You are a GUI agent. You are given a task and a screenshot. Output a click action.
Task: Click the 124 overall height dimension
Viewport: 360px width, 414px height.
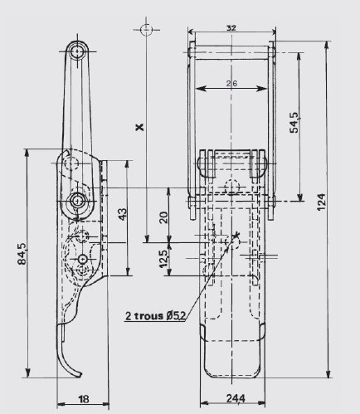pyautogui.click(x=321, y=202)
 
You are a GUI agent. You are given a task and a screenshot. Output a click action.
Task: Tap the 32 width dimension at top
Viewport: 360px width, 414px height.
pyautogui.click(x=231, y=28)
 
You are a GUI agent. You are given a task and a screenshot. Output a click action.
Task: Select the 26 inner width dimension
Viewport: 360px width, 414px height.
pyautogui.click(x=231, y=83)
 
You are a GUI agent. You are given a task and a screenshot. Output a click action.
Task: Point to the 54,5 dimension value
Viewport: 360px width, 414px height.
pyautogui.click(x=294, y=122)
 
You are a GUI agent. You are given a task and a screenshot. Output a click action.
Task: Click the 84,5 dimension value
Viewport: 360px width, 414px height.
pyautogui.click(x=22, y=254)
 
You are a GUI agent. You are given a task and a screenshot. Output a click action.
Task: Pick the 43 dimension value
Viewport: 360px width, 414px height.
pyautogui.click(x=123, y=214)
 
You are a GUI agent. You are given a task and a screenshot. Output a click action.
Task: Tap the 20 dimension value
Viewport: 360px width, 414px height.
pyautogui.click(x=163, y=217)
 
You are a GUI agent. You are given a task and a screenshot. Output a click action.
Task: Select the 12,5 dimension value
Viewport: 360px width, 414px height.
pyautogui.click(x=163, y=259)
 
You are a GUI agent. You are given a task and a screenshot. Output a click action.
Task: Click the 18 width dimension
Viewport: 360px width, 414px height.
pyautogui.click(x=84, y=399)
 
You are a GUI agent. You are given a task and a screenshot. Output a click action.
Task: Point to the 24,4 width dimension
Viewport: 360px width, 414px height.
pyautogui.click(x=236, y=398)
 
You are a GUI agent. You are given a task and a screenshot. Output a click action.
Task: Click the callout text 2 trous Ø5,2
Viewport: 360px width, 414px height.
pyautogui.click(x=155, y=315)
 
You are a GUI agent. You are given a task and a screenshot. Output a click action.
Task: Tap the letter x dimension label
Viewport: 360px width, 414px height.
pyautogui.click(x=140, y=127)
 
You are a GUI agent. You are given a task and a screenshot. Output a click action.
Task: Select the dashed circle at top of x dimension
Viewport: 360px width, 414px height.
pyautogui.click(x=146, y=30)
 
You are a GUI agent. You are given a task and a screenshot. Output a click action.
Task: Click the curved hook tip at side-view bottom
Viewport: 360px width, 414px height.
pyautogui.click(x=78, y=374)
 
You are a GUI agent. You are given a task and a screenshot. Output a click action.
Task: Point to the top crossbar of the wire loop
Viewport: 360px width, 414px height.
pyautogui.click(x=232, y=52)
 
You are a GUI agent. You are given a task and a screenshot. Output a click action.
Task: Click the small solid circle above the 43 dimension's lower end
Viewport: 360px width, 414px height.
pyautogui.click(x=83, y=259)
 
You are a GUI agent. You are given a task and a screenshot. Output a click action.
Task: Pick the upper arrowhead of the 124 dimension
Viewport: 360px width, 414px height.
pyautogui.click(x=328, y=46)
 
